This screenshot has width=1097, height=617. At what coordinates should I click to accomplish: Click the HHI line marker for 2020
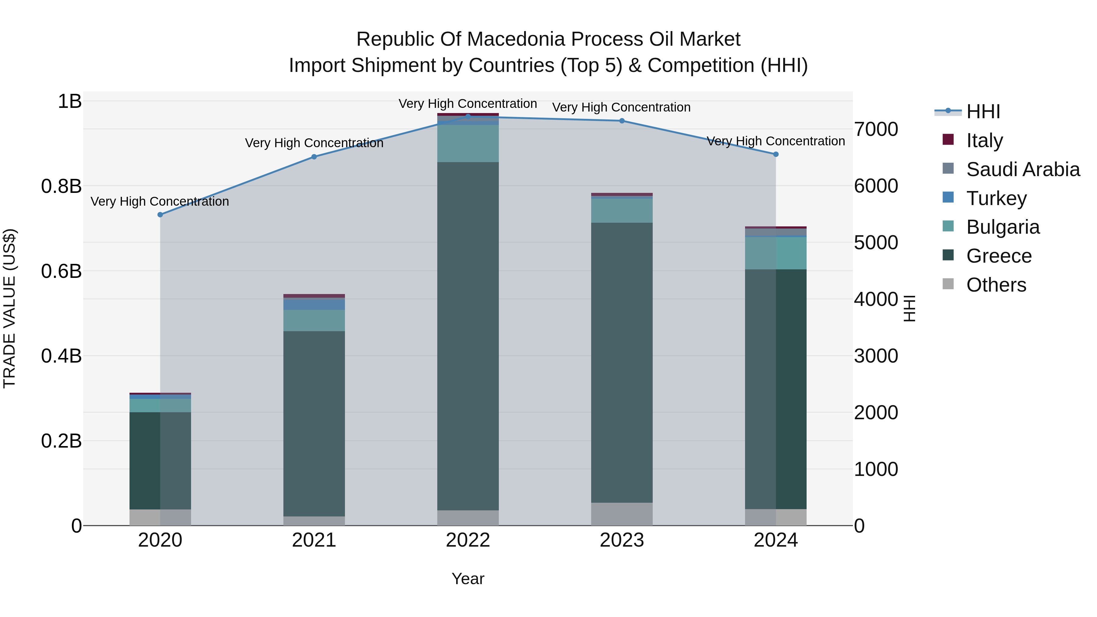pyautogui.click(x=160, y=215)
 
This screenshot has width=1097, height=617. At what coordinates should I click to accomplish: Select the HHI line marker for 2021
pyautogui.click(x=314, y=157)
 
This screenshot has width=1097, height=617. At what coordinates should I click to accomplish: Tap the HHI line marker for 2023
pyautogui.click(x=622, y=121)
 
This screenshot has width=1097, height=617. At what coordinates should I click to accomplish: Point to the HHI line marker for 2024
pyautogui.click(x=776, y=154)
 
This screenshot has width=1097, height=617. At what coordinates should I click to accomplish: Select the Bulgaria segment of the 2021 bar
pyautogui.click(x=314, y=320)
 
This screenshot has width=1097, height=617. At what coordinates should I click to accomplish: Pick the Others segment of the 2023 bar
pyautogui.click(x=622, y=514)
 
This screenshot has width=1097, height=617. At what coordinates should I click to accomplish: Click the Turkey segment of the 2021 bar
pyautogui.click(x=314, y=304)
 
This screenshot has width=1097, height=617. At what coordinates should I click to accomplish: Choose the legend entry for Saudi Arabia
pyautogui.click(x=1022, y=169)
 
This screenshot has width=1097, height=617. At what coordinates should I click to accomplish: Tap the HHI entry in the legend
pyautogui.click(x=983, y=112)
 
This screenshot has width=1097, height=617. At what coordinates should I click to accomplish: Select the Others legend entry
pyautogui.click(x=996, y=285)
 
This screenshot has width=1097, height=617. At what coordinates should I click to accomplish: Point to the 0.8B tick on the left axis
pyautogui.click(x=61, y=186)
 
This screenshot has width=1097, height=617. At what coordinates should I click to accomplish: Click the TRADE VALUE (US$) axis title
pyautogui.click(x=9, y=308)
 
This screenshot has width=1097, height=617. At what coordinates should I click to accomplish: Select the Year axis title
pyautogui.click(x=467, y=579)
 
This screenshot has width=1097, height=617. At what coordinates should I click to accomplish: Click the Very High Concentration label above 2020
pyautogui.click(x=160, y=201)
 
